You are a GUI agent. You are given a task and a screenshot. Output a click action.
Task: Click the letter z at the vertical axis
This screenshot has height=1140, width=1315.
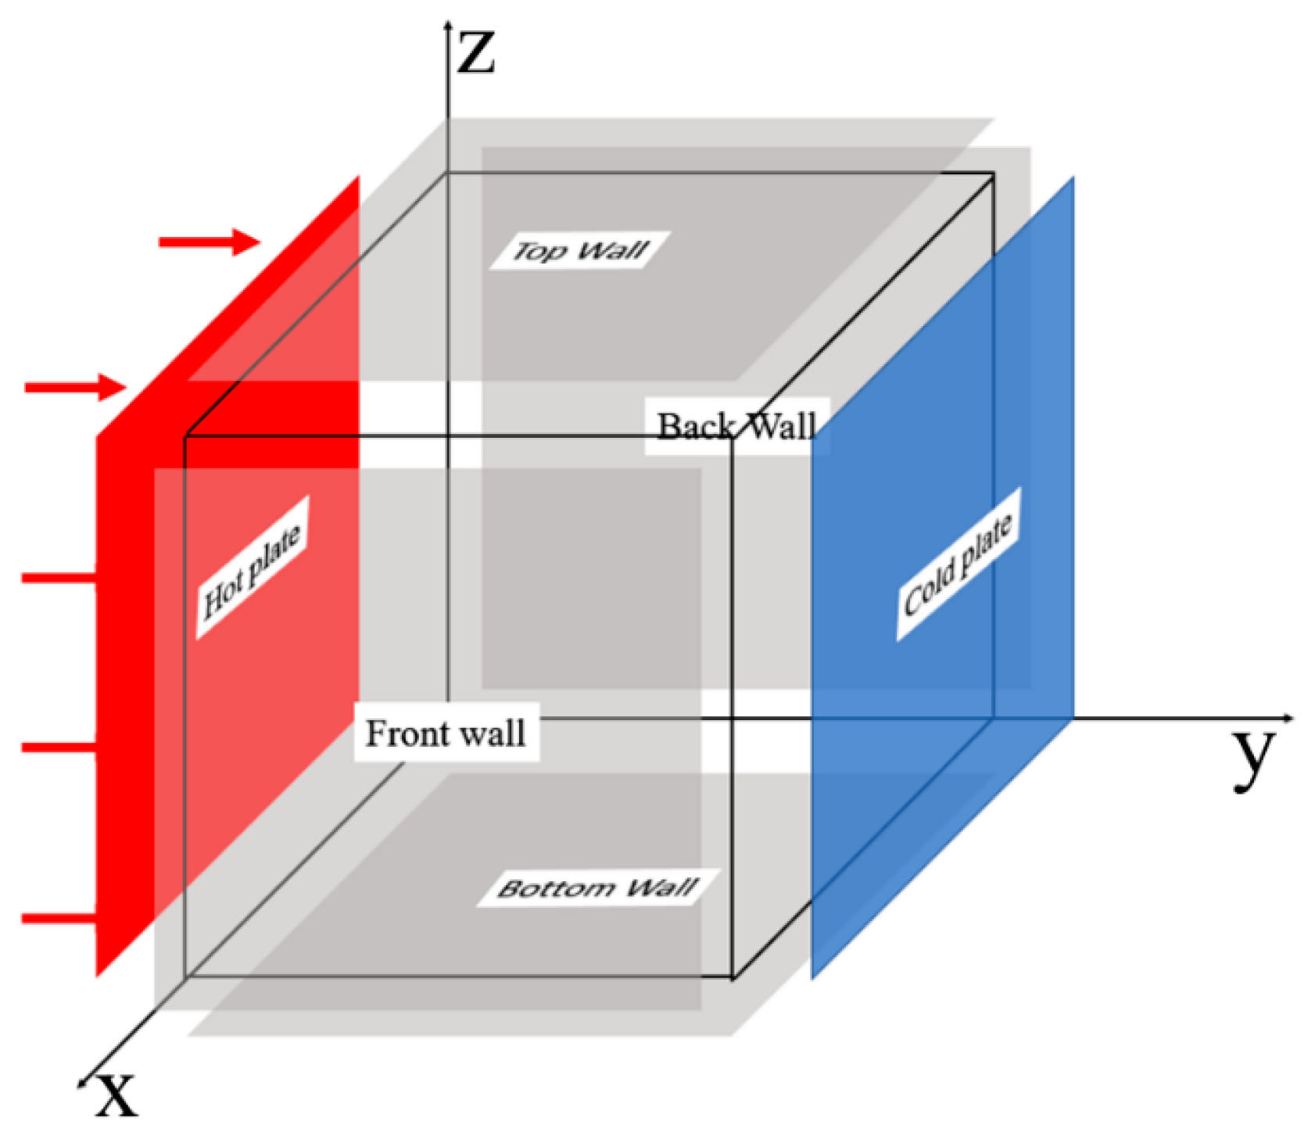point(476,54)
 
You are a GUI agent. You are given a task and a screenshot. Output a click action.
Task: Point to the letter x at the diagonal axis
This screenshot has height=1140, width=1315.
point(116,1094)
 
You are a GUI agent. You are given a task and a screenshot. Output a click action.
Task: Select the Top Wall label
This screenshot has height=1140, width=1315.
point(580,250)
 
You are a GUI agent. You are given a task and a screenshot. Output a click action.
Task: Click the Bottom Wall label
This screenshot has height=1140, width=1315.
point(598,887)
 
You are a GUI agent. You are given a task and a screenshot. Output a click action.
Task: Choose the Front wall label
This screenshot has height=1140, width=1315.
point(446,733)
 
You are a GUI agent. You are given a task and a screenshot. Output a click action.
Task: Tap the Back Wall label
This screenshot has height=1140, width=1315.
point(736,426)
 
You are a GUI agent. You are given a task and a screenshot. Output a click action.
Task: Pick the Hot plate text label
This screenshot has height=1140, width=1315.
point(252,568)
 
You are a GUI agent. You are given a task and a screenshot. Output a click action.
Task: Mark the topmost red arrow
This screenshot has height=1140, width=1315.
point(209,242)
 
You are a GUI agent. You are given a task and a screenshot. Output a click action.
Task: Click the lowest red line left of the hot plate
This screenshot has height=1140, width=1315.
point(59,918)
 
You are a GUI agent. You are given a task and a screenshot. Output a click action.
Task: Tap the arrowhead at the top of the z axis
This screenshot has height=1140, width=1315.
point(448,26)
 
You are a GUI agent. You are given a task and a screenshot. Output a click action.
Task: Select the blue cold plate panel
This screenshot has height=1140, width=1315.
point(942,704)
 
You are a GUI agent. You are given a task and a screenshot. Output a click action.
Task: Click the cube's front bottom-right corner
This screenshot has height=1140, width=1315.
point(733,977)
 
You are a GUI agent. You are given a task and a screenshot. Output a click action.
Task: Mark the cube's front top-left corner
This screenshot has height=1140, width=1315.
point(185,436)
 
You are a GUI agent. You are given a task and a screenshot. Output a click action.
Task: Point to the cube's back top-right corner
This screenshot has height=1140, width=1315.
point(994,173)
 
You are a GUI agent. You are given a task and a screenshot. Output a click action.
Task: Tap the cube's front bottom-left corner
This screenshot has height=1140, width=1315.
point(185,977)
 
